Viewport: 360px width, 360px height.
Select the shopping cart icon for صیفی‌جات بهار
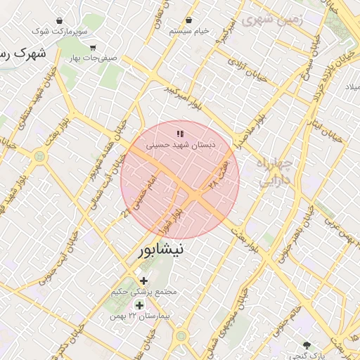point(93,48)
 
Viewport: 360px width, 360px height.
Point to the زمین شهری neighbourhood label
point(271,20)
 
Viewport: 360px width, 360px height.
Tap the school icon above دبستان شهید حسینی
point(181,133)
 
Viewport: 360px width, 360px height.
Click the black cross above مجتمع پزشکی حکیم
point(144,281)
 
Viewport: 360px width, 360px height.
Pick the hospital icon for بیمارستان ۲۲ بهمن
point(139,305)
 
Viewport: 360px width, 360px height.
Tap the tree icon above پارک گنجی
point(307,345)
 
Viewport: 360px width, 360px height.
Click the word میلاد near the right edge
point(351,86)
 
